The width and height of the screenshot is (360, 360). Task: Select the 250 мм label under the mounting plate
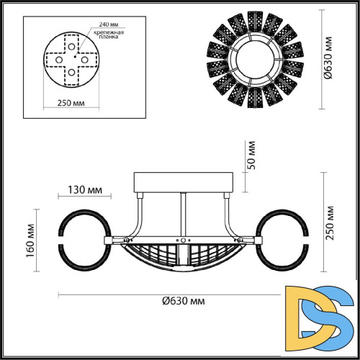point(71,102)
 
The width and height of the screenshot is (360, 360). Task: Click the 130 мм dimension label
point(84,191)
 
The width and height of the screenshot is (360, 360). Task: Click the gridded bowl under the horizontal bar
point(184,257)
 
